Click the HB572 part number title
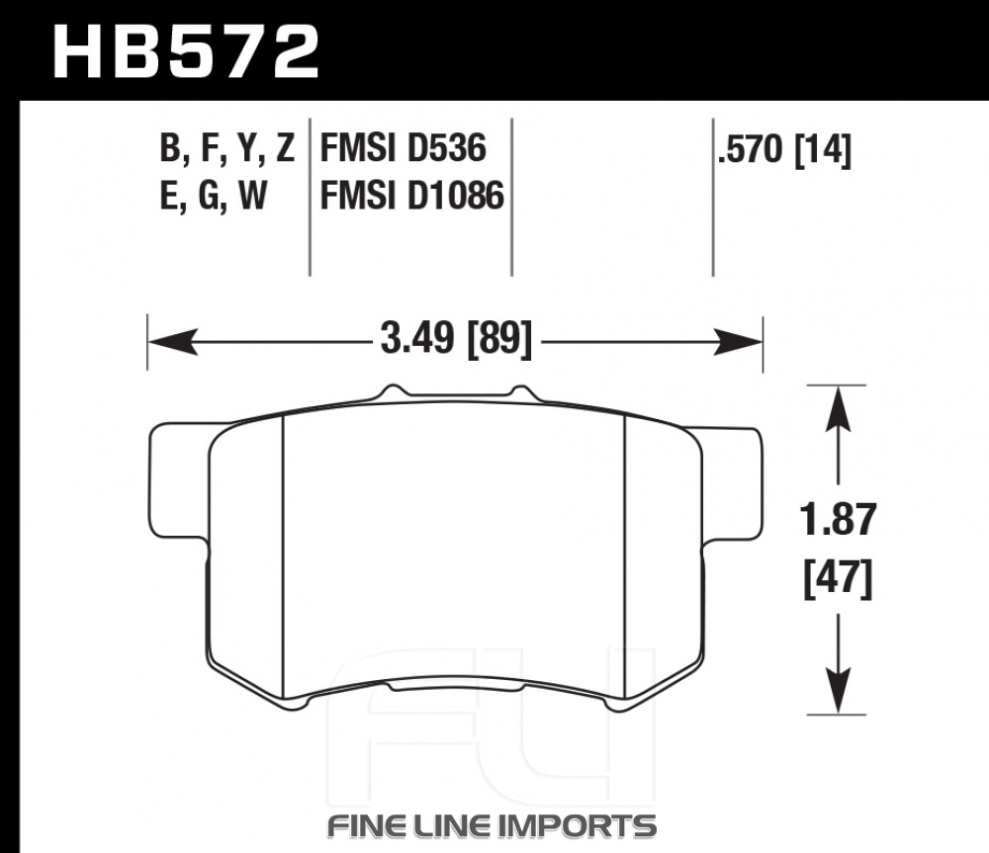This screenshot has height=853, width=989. pyautogui.click(x=186, y=51)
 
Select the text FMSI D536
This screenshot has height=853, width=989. pyautogui.click(x=404, y=148)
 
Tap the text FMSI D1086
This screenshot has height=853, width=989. pyautogui.click(x=412, y=195)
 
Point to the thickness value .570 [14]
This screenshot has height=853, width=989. pyautogui.click(x=784, y=150)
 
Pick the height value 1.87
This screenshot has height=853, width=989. pyautogui.click(x=839, y=520)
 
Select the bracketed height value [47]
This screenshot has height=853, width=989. pyautogui.click(x=839, y=578)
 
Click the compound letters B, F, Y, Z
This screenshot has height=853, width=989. pyautogui.click(x=227, y=149)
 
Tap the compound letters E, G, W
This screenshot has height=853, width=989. pyautogui.click(x=214, y=196)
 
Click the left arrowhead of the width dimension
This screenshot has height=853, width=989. pyautogui.click(x=171, y=342)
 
